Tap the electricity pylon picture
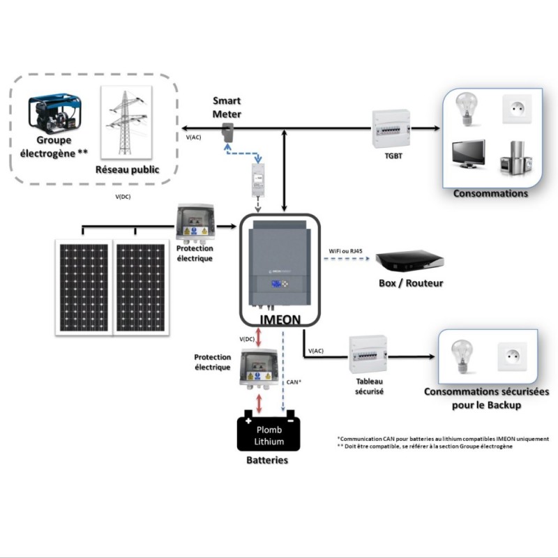126,122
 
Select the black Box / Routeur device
409,262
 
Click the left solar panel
84,287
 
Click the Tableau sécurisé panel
368,356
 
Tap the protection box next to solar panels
195,223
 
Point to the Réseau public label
127,169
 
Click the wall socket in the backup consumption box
510,357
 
